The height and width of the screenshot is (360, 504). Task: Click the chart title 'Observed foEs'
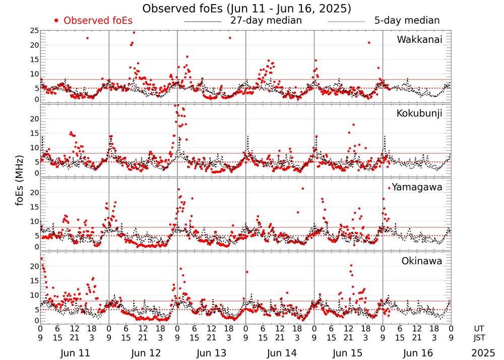tap(246, 9)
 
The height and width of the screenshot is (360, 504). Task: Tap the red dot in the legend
tap(56, 21)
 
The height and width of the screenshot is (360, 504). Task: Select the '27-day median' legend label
tap(266, 21)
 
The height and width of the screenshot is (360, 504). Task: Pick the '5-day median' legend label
tap(407, 21)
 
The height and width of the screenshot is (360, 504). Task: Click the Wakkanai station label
tap(419, 40)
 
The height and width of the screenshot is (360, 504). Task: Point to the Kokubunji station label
tap(419, 113)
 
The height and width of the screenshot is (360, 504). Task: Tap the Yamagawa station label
tap(417, 187)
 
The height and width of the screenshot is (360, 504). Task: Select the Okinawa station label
tap(422, 261)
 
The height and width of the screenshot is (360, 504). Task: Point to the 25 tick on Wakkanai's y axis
tap(34, 31)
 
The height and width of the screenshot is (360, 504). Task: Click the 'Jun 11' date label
tap(74, 353)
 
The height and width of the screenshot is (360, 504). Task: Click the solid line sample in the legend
tap(203, 22)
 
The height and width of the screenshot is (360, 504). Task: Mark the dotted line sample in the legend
tap(346, 22)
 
